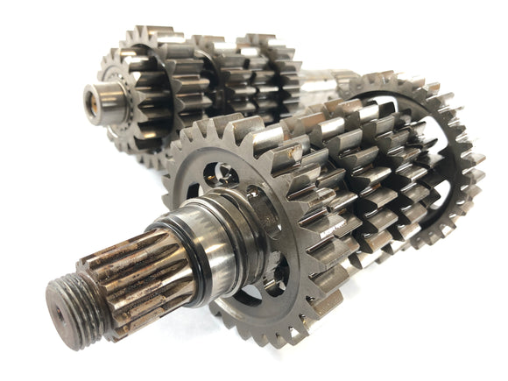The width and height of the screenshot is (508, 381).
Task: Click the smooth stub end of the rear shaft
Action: pos(103,99)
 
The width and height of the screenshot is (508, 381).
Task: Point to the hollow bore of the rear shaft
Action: pos(90,98)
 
